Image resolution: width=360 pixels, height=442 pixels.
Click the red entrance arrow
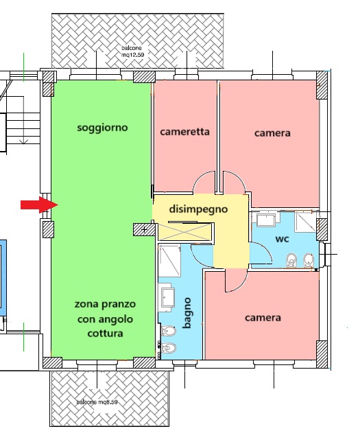(x=40, y=205)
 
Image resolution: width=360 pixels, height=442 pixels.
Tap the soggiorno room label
(x=103, y=128)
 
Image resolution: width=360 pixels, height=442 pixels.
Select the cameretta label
(x=184, y=132)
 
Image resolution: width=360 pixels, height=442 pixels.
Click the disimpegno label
(x=198, y=209)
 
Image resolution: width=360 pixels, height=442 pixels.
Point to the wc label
(x=282, y=239)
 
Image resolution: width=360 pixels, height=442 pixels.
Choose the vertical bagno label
(x=187, y=313)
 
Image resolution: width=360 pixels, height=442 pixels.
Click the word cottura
(x=106, y=334)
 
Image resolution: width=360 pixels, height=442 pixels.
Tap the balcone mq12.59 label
(x=132, y=51)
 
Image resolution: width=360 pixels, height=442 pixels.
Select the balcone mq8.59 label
(x=97, y=402)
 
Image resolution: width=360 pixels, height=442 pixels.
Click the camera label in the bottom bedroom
(x=263, y=318)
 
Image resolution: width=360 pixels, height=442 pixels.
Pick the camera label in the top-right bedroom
(x=272, y=132)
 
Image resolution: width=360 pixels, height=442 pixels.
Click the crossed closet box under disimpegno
(x=185, y=232)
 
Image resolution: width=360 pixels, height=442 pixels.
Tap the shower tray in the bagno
(x=169, y=261)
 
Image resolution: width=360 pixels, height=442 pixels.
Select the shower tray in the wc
(x=305, y=222)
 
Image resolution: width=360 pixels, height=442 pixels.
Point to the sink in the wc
(x=266, y=220)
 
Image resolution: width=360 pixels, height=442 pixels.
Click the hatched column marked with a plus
(x=144, y=229)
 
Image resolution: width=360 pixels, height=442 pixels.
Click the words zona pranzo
(x=105, y=304)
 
